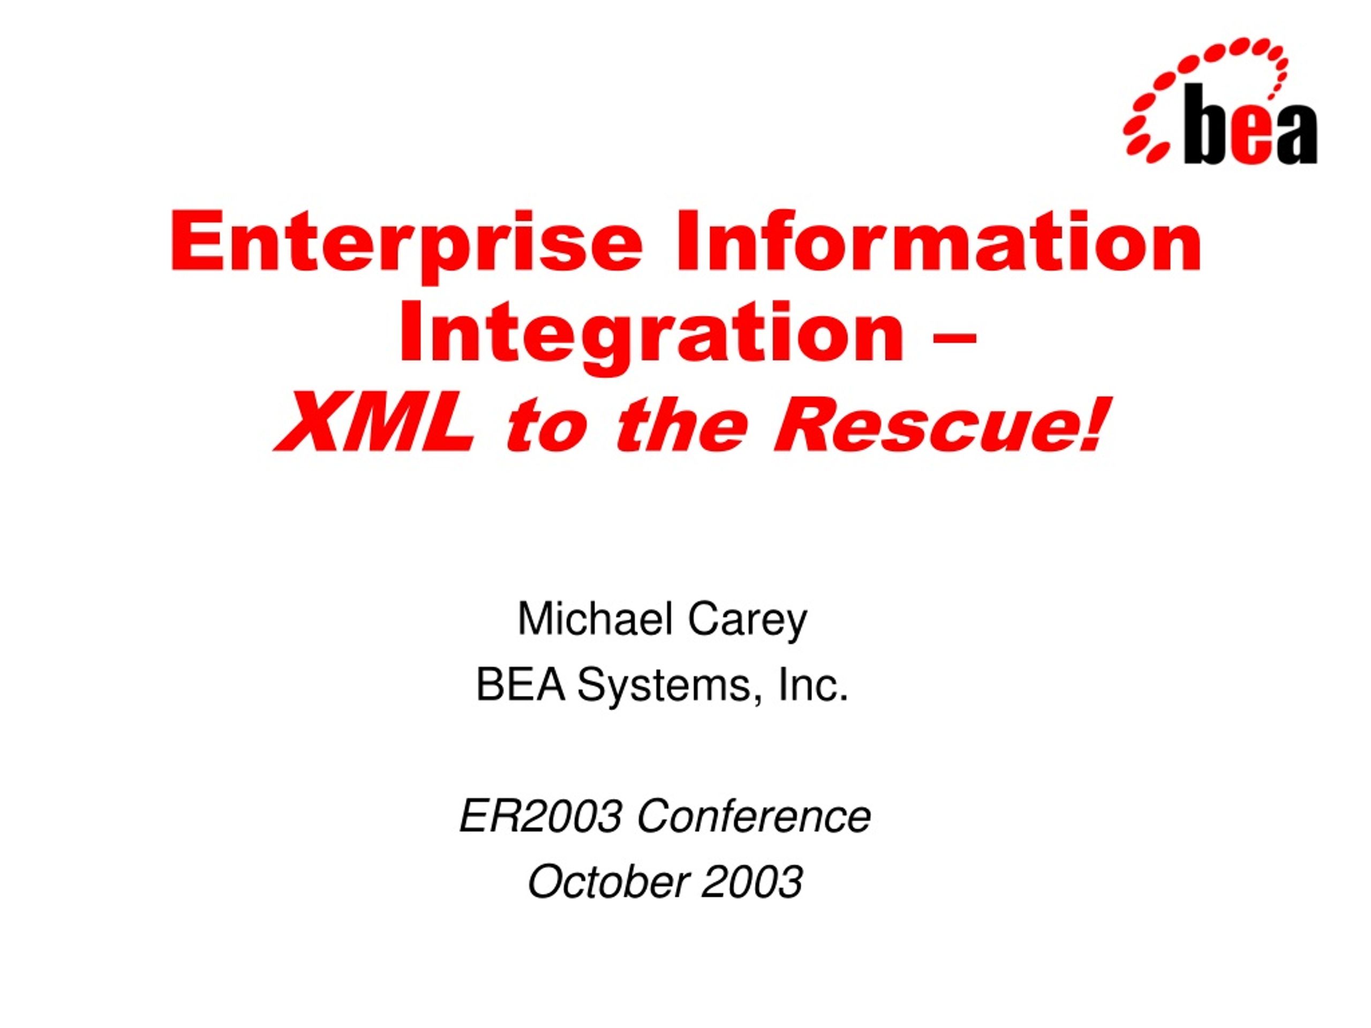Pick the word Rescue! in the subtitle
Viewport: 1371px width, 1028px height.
(x=939, y=424)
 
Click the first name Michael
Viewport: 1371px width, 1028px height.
(x=595, y=619)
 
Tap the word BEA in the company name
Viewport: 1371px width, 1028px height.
(x=521, y=685)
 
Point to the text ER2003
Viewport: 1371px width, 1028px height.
(x=541, y=816)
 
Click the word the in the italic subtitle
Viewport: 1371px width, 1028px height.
(x=679, y=425)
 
